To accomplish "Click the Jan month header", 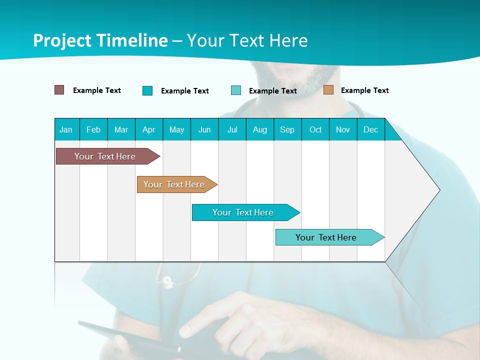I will coord(66,129).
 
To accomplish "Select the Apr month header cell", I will coord(148,129).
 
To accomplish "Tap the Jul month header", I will coord(232,129).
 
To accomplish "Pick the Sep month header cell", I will coord(287,129).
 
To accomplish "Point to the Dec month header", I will coord(370,129).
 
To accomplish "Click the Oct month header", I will coord(315,129).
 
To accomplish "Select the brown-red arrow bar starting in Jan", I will coord(105,156).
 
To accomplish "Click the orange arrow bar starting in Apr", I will coord(174,184).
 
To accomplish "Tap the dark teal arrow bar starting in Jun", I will coord(243,212).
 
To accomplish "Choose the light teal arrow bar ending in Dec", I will coord(326,237).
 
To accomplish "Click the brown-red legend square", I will coord(59,90).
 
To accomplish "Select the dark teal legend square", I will coord(147,90).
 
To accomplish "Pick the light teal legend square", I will coord(236,90).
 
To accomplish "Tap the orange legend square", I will coord(328,90).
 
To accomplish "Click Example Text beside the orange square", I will coord(364,90).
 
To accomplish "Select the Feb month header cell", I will coord(93,129).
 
